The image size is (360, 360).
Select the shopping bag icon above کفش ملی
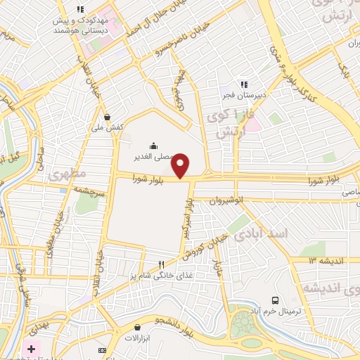(x=107, y=117)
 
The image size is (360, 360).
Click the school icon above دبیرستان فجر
(x=245, y=85)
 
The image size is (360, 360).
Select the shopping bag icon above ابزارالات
(x=137, y=327)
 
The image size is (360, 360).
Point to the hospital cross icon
(x=31, y=349)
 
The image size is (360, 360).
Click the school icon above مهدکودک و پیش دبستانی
(x=80, y=9)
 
